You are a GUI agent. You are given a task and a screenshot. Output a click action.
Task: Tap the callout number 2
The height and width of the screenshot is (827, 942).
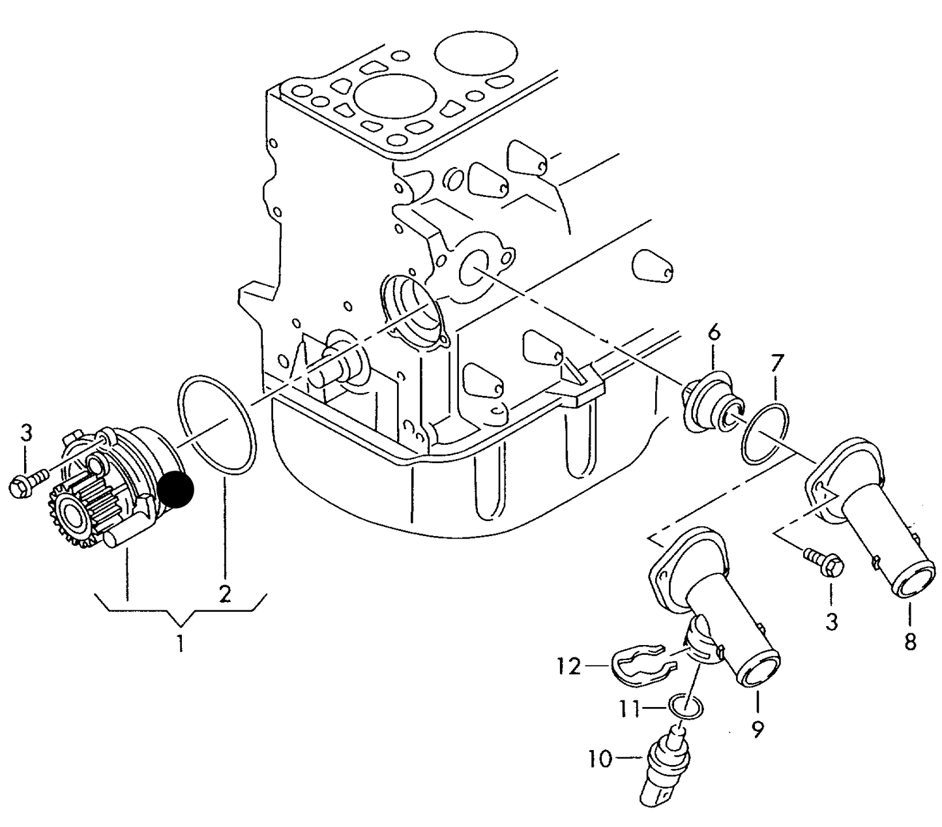(225, 594)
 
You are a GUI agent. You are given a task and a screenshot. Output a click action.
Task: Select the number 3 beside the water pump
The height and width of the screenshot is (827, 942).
(25, 433)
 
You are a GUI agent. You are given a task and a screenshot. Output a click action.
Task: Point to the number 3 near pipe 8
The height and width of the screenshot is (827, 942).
(831, 622)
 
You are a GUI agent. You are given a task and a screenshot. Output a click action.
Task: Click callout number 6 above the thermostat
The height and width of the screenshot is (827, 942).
(714, 333)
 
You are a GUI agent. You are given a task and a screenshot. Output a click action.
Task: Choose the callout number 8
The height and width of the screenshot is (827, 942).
(910, 642)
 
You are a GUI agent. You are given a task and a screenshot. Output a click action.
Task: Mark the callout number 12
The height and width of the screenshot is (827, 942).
(568, 667)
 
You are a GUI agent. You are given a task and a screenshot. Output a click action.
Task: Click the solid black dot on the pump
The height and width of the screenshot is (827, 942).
(176, 490)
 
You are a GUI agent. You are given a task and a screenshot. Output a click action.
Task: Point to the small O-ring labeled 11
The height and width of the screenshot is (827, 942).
(687, 706)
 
